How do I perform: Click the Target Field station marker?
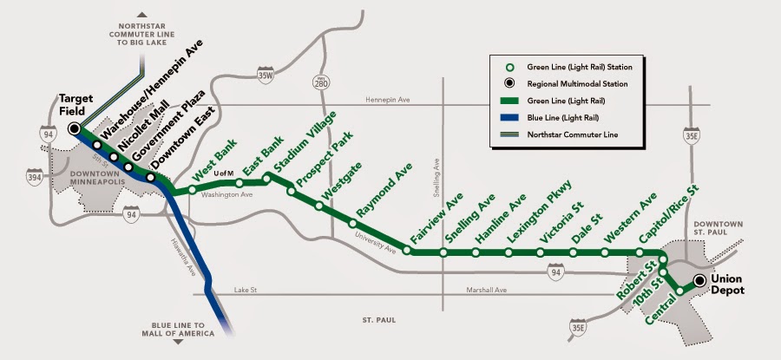point(74,128)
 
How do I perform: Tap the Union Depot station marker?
point(699,280)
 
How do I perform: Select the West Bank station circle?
point(192,188)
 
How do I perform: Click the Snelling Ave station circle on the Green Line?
point(443,253)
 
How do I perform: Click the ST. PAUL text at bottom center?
point(381,320)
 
